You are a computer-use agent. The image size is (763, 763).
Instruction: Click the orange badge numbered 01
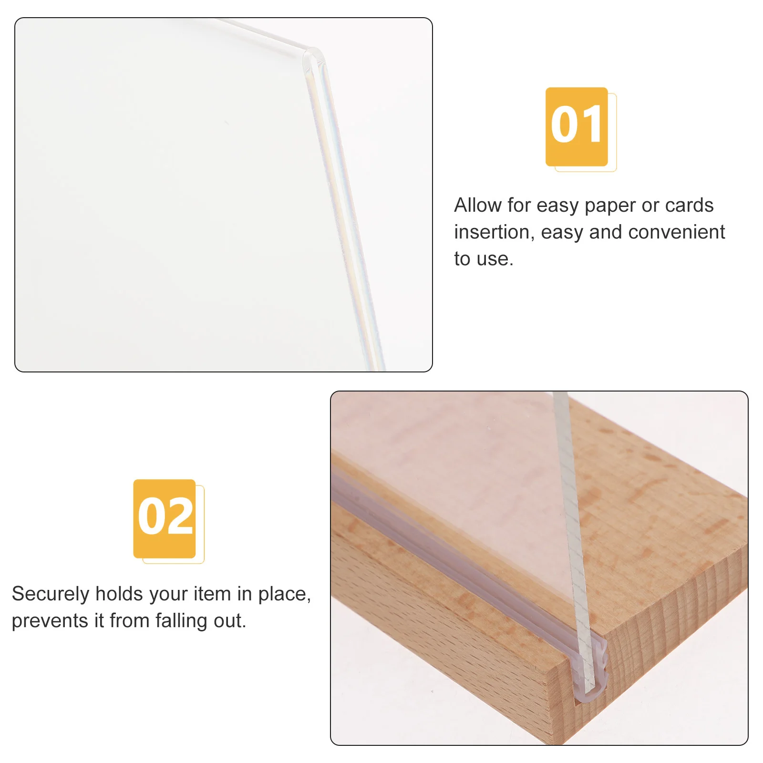577,127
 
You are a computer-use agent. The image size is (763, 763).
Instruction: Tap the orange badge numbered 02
165,519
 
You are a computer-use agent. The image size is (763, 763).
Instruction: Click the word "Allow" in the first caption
477,206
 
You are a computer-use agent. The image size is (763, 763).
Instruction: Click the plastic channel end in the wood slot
591,677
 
